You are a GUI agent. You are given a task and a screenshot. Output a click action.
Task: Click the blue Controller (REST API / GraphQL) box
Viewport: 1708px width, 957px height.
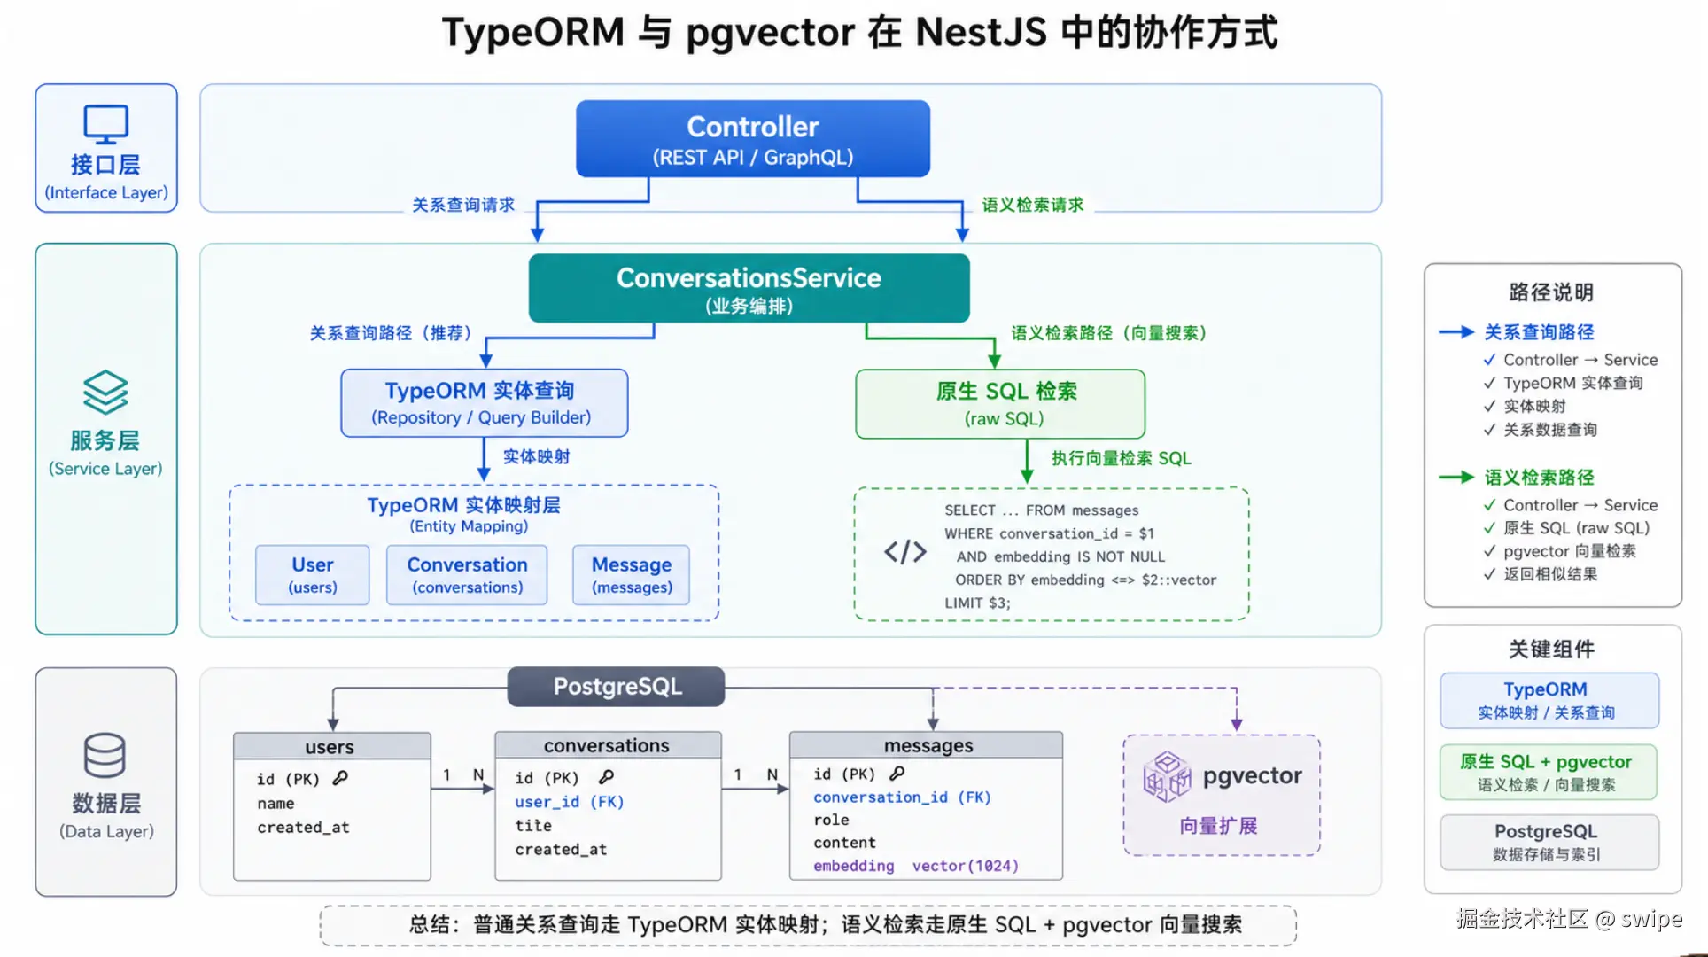(x=753, y=138)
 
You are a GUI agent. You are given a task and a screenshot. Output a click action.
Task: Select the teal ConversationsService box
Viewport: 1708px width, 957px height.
(x=749, y=288)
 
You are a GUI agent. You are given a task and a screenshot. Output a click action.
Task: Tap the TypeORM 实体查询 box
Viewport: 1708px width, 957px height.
(x=485, y=403)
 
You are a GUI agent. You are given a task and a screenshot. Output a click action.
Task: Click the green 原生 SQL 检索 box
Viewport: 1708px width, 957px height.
(x=1000, y=404)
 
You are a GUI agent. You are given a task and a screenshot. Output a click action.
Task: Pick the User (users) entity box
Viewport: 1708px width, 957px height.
(x=313, y=575)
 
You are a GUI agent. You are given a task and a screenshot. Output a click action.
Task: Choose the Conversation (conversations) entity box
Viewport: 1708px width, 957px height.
(x=467, y=575)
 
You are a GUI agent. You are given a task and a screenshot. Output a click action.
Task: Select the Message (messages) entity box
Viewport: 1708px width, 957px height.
(x=632, y=575)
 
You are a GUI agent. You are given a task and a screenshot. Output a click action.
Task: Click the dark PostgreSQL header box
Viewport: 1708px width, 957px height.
(x=617, y=687)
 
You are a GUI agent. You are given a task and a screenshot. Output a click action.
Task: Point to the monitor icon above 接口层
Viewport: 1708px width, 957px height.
(x=106, y=124)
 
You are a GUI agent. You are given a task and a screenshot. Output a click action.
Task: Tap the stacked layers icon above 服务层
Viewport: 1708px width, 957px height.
(x=105, y=393)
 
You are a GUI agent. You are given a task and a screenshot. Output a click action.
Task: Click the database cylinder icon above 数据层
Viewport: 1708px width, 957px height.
(x=105, y=755)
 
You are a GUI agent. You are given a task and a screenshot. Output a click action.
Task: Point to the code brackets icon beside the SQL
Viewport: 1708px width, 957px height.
(x=905, y=552)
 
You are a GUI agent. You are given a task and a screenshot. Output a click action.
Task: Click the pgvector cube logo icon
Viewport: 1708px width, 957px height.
(x=1167, y=776)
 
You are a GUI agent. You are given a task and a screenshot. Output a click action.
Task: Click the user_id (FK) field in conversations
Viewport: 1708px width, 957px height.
(x=570, y=802)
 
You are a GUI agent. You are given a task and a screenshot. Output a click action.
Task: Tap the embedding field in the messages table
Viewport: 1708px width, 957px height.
(x=854, y=866)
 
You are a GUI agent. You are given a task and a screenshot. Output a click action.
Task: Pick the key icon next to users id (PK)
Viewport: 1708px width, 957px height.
(x=340, y=778)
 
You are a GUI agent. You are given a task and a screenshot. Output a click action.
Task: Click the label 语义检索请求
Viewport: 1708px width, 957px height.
(x=1033, y=205)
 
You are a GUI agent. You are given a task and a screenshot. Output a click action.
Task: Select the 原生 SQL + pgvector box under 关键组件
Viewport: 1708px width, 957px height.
(x=1549, y=772)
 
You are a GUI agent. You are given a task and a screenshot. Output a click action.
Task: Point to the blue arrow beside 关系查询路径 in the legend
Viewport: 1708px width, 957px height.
(x=1456, y=332)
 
